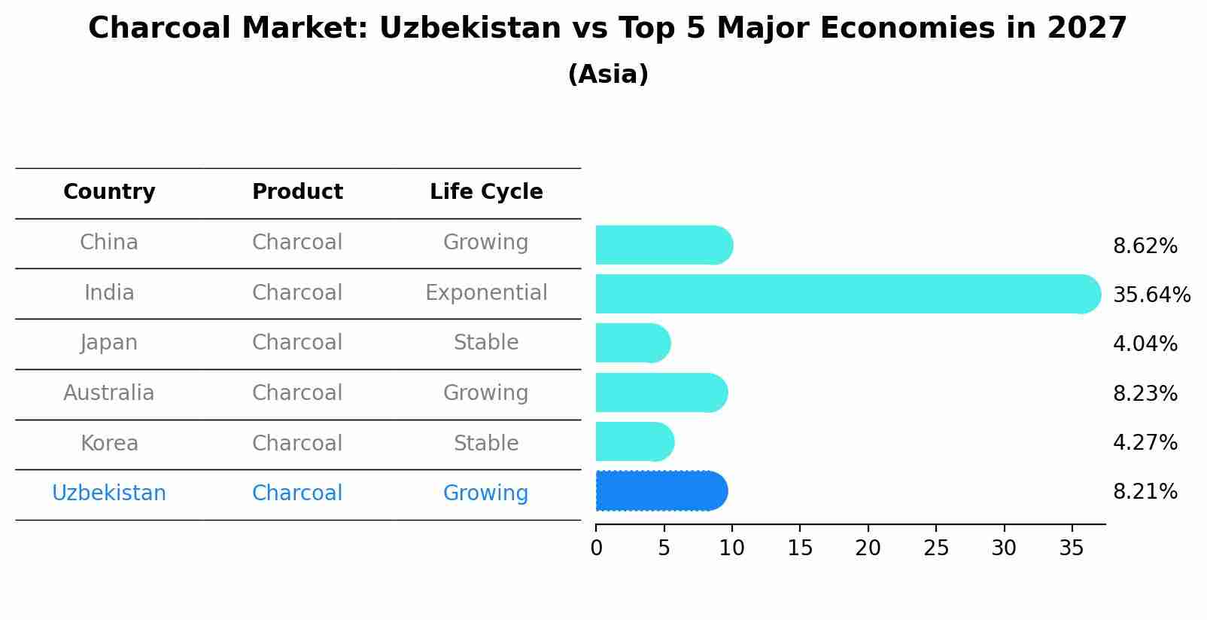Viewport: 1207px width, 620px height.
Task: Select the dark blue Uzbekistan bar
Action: (x=661, y=491)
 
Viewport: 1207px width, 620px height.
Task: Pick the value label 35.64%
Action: (x=1151, y=295)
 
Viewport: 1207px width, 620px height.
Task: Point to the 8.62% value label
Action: (x=1145, y=246)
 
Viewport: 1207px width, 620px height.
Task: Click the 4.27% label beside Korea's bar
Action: (x=1145, y=442)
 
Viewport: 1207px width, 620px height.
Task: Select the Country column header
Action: (x=109, y=192)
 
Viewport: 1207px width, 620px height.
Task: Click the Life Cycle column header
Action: (x=486, y=192)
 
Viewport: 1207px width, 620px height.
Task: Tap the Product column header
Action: (x=297, y=192)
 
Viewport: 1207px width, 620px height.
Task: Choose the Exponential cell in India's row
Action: (x=486, y=293)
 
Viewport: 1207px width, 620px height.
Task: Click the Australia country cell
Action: (x=109, y=393)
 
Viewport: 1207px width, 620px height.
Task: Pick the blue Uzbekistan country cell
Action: (x=109, y=493)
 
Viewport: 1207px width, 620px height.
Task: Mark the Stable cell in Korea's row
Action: (x=486, y=444)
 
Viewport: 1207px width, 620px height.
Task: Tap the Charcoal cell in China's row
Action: (x=297, y=243)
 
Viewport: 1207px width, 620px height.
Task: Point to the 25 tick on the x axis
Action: (x=936, y=548)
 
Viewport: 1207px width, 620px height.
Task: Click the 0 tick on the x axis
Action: (x=596, y=548)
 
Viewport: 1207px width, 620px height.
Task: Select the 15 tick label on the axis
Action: (x=800, y=548)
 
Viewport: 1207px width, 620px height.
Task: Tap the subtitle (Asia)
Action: (x=608, y=75)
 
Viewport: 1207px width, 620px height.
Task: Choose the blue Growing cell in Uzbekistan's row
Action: (x=486, y=493)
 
